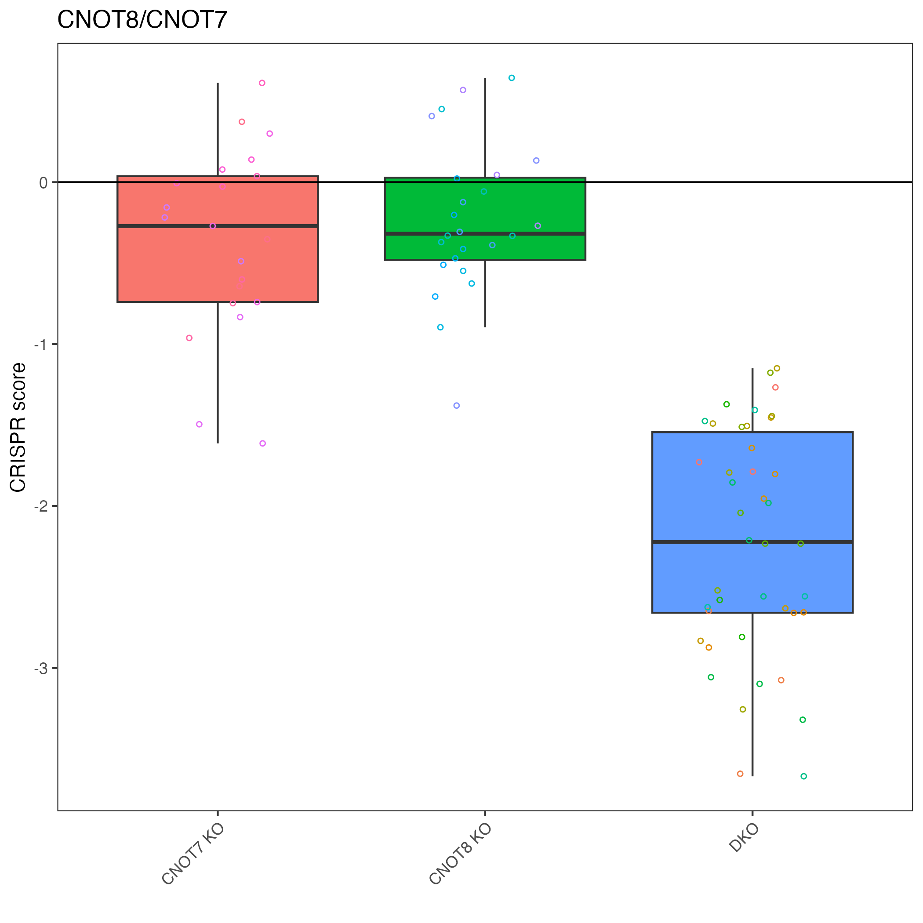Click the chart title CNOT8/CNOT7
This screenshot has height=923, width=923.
pyautogui.click(x=142, y=20)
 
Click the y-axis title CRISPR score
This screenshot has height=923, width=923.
pyautogui.click(x=18, y=428)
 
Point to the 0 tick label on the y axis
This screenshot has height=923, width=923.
pyautogui.click(x=44, y=183)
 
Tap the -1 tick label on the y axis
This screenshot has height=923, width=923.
pyautogui.click(x=41, y=345)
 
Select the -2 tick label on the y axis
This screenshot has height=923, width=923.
pyautogui.click(x=41, y=506)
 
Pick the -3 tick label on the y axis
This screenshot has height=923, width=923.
pyautogui.click(x=41, y=669)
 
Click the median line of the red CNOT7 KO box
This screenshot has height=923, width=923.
pyautogui.click(x=218, y=226)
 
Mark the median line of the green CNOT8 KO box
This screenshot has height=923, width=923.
pyautogui.click(x=485, y=234)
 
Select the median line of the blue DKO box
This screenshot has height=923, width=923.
pyautogui.click(x=752, y=542)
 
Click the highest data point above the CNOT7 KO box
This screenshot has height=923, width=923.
pyautogui.click(x=262, y=83)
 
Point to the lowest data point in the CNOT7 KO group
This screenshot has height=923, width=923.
pyautogui.click(x=263, y=444)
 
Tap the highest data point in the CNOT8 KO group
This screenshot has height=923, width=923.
pyautogui.click(x=512, y=78)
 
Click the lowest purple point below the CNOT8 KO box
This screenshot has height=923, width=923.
pyautogui.click(x=457, y=406)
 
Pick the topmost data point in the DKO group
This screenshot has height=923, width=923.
pyautogui.click(x=777, y=368)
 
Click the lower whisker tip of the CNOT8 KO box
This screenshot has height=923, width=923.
pyautogui.click(x=485, y=327)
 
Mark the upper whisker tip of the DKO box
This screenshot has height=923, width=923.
pyautogui.click(x=752, y=369)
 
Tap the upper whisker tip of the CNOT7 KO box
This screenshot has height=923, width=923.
pyautogui.click(x=218, y=84)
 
